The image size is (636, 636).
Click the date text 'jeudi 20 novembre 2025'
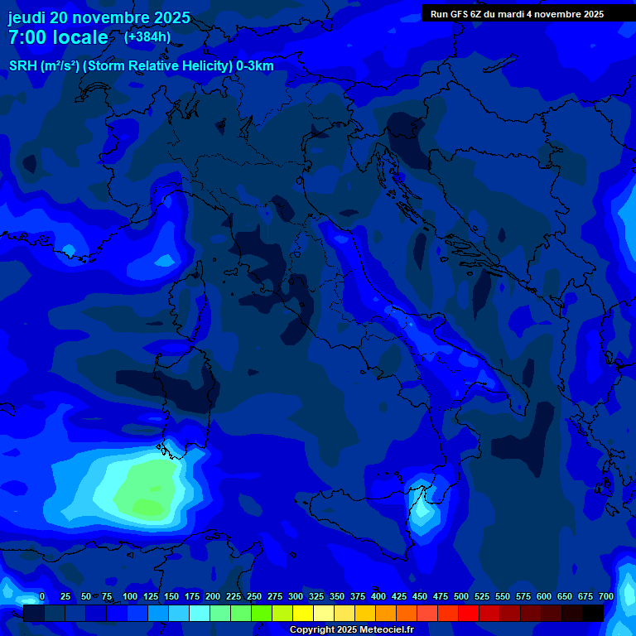[x=99, y=17]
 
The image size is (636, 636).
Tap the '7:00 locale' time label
[x=58, y=37]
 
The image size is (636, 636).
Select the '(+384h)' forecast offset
[x=147, y=36]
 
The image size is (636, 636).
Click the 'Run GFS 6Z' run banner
[x=517, y=14]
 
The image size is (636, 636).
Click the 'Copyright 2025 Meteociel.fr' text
[x=350, y=630]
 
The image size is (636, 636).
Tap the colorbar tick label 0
[x=42, y=596]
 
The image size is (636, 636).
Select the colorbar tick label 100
[x=130, y=596]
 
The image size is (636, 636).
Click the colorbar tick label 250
[x=254, y=596]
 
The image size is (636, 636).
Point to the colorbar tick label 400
[x=378, y=596]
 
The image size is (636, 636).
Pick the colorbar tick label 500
[x=461, y=596]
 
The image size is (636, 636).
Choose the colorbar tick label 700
[x=605, y=596]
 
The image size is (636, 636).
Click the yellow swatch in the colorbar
[x=303, y=613]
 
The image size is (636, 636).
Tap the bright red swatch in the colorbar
[x=469, y=613]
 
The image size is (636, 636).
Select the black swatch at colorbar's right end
[x=593, y=613]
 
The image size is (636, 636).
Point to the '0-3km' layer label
[x=255, y=66]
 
